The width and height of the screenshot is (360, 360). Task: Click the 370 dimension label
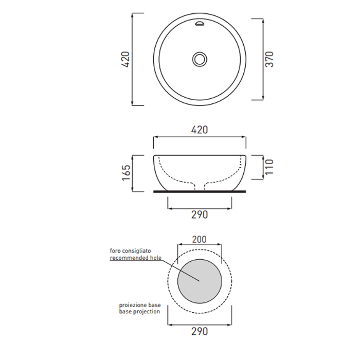(269, 59)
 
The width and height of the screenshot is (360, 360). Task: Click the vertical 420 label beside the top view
(125, 59)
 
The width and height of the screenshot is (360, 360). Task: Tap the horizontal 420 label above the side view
(200, 130)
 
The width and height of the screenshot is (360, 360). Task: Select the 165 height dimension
(127, 173)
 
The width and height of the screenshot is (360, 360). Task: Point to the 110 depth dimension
(269, 167)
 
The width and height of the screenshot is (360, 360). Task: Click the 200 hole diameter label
(200, 240)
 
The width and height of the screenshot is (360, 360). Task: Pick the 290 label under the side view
(200, 215)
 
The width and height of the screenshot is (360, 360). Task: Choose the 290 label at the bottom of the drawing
(200, 332)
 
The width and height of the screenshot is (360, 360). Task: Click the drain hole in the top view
(200, 59)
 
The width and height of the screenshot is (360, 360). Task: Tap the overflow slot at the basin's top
(200, 24)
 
